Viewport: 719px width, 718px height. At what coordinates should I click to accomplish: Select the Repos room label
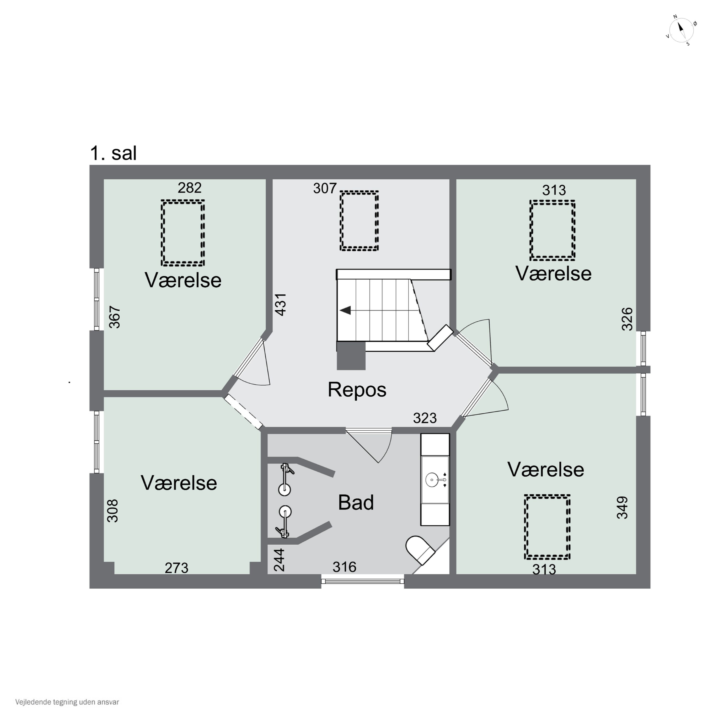coord(357,389)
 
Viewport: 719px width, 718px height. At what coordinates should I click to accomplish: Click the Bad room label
coord(356,502)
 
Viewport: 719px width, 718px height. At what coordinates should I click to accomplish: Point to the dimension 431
coord(281,305)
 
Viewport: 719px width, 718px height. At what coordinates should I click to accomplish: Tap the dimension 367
coord(115,317)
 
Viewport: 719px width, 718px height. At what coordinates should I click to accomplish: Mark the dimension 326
coord(627,319)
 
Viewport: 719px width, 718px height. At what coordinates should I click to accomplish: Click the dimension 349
coord(622,507)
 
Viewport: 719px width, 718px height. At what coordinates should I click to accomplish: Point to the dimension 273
coord(176,568)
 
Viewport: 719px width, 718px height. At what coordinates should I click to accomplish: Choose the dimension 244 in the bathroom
coord(279,560)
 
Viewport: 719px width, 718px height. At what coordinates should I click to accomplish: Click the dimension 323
coord(425,418)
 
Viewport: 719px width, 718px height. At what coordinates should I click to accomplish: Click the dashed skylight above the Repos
coord(359,221)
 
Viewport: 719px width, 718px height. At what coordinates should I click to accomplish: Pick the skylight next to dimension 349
coord(547,527)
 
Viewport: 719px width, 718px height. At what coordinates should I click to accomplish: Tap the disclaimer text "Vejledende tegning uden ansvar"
coord(67,702)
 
